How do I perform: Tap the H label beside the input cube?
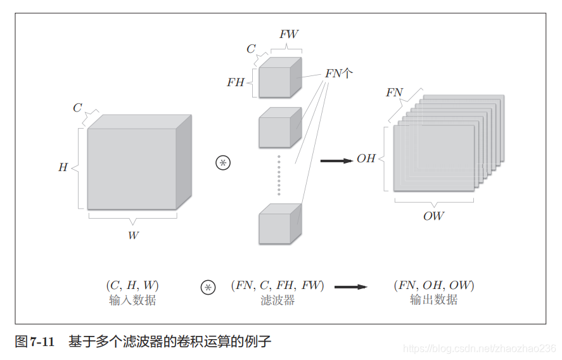pos(63,168)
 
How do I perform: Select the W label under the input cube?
pos(133,235)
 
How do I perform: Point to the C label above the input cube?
pos(77,108)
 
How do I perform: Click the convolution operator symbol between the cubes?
pos(223,163)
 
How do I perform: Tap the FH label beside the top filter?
pos(236,82)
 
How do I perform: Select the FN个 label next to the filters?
pos(339,74)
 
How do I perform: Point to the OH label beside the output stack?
pos(366,158)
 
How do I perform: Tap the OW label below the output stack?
pos(433,216)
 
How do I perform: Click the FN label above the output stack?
pos(394,93)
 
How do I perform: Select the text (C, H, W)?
pos(132,285)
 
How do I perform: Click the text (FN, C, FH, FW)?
pos(278,285)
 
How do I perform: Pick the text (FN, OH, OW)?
pos(433,285)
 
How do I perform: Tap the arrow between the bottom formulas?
pos(350,287)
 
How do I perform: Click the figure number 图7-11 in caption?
pos(35,342)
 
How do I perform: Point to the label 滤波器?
pos(278,300)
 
